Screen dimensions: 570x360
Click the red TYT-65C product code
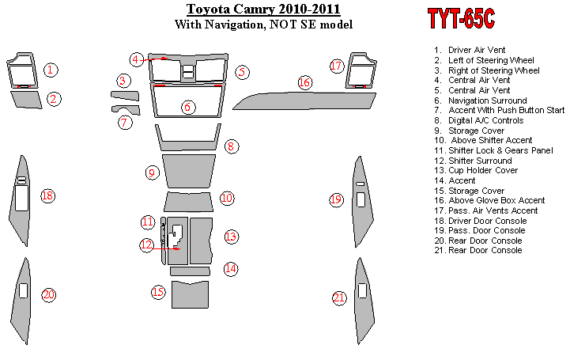(x=461, y=18)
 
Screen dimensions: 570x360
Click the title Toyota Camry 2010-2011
(x=263, y=9)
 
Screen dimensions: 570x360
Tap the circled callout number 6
(x=187, y=107)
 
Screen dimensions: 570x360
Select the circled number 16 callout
(x=304, y=82)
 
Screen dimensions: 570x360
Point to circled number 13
(x=231, y=237)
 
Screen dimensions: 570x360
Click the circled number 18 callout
(x=47, y=196)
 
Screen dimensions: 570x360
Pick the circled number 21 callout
(x=339, y=298)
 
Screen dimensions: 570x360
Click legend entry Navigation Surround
(x=487, y=100)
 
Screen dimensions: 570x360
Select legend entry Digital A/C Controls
(x=485, y=120)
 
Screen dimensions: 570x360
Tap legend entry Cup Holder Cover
(x=483, y=170)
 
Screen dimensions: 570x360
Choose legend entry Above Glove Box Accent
(x=496, y=200)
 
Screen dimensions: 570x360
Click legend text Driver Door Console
(x=488, y=221)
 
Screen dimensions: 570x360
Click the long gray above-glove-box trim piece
(x=304, y=101)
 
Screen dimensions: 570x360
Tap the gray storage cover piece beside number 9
(x=189, y=171)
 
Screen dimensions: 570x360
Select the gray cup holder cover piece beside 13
(x=201, y=241)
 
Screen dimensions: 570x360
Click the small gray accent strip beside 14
(x=190, y=271)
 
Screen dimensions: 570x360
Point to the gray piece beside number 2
(x=26, y=100)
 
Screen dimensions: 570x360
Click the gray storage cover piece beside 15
(x=190, y=295)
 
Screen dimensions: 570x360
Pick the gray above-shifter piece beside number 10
(x=188, y=202)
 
